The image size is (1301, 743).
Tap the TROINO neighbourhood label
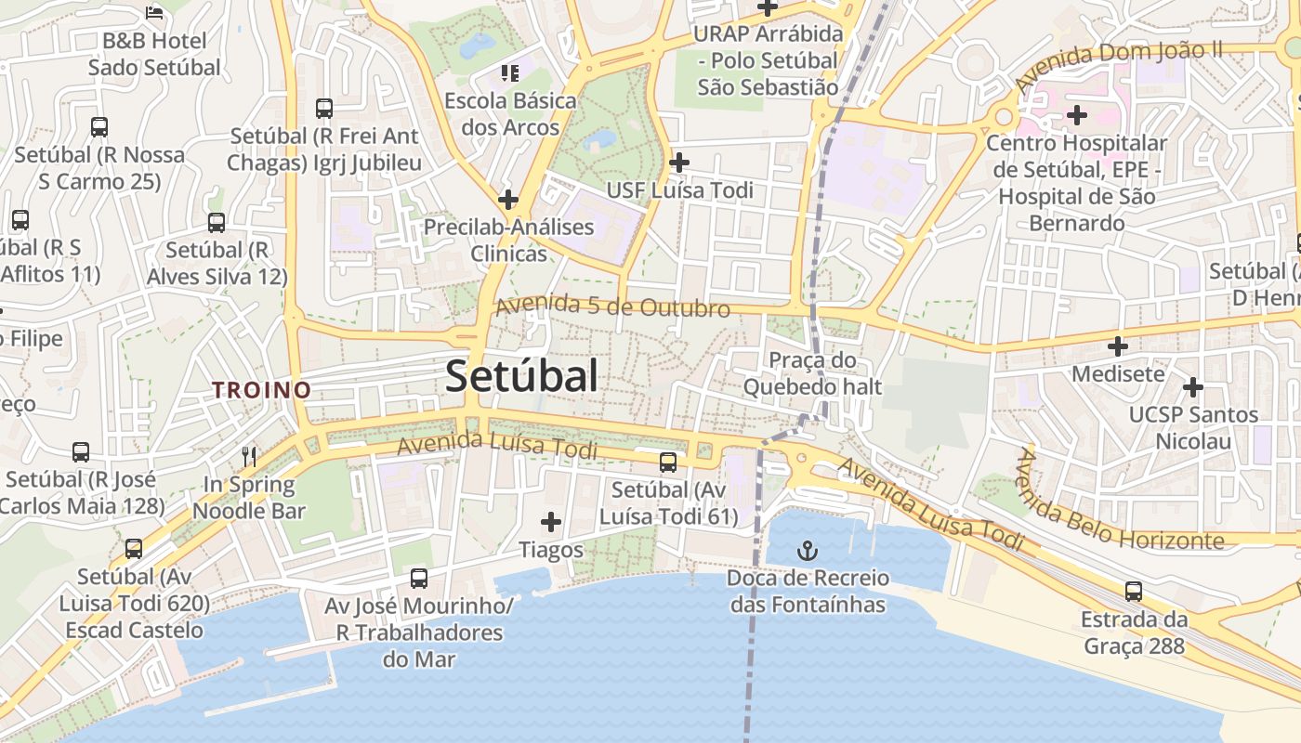(x=261, y=390)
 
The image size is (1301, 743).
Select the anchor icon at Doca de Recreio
(x=808, y=552)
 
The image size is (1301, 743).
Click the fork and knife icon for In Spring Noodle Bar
(x=249, y=456)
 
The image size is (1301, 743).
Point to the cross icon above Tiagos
(x=551, y=522)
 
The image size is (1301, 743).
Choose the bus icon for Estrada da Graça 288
(x=1134, y=591)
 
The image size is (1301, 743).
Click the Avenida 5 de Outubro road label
(x=612, y=306)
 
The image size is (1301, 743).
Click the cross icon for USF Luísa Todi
(x=679, y=163)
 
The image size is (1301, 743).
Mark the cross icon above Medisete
(x=1118, y=346)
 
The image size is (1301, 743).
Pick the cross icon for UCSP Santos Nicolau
(x=1193, y=386)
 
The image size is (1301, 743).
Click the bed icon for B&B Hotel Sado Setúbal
(x=154, y=13)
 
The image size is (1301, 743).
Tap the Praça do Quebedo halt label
(x=811, y=373)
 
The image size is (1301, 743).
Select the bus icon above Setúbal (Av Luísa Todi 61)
(x=668, y=462)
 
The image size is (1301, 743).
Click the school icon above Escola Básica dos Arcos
(x=509, y=72)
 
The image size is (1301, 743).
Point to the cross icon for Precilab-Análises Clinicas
(x=507, y=199)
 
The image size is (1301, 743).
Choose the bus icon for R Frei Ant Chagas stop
(x=324, y=108)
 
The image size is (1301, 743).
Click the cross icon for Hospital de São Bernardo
(x=1077, y=115)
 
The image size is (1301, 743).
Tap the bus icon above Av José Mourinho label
(x=419, y=578)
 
